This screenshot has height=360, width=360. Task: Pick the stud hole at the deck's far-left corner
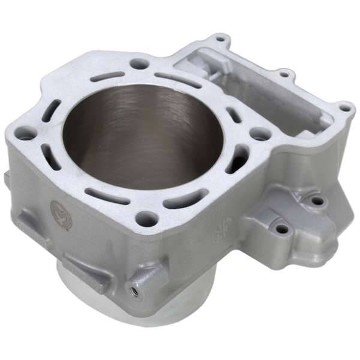coord(25,135)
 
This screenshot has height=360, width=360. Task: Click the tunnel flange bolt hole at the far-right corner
coord(344,109)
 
